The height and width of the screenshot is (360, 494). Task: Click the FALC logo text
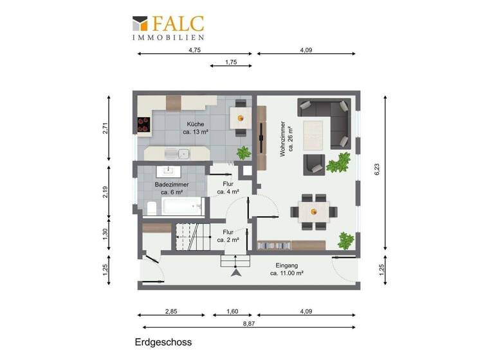178,24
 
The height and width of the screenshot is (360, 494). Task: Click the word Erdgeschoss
163,343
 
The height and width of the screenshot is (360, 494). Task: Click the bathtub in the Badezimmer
183,206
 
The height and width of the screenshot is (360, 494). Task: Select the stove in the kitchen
143,123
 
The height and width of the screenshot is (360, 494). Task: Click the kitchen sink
178,154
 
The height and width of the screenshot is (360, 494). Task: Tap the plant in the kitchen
243,153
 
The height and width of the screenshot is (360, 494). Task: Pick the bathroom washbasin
170,170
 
